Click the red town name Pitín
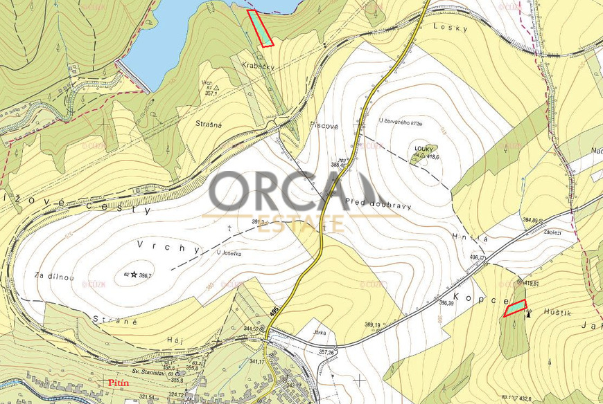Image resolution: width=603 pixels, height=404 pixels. [117, 381]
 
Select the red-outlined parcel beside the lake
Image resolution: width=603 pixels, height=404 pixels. [261, 28]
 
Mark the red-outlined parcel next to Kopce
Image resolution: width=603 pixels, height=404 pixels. [514, 308]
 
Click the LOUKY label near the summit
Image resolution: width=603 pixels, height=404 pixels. [423, 148]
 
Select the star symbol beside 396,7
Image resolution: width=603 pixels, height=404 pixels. [133, 275]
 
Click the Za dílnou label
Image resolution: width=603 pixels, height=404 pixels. [54, 276]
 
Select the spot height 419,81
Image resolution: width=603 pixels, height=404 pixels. [532, 284]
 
